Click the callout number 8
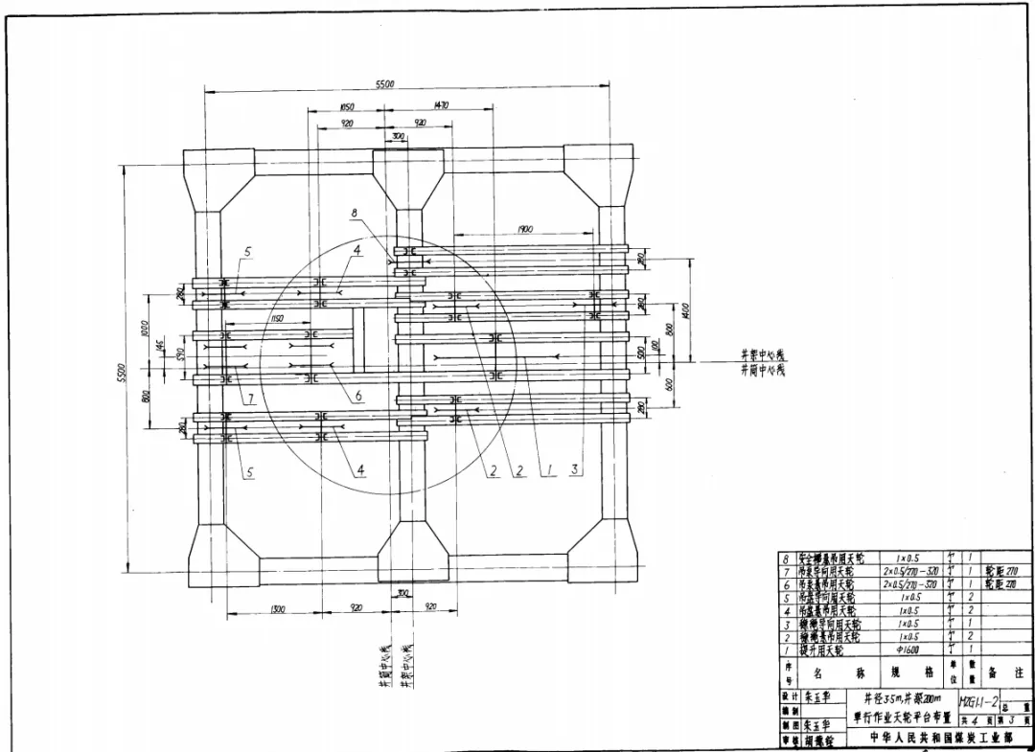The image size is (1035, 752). (354, 213)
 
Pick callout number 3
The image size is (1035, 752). (575, 470)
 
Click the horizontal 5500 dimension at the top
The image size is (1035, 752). (384, 85)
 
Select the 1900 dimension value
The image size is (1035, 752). (524, 230)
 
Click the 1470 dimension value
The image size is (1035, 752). (441, 105)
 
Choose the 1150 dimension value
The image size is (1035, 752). (276, 318)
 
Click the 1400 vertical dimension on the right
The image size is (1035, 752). (686, 312)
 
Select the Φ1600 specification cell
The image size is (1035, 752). (908, 649)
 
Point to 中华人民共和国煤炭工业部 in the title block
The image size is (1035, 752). (940, 738)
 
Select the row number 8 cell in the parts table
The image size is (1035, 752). (787, 558)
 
